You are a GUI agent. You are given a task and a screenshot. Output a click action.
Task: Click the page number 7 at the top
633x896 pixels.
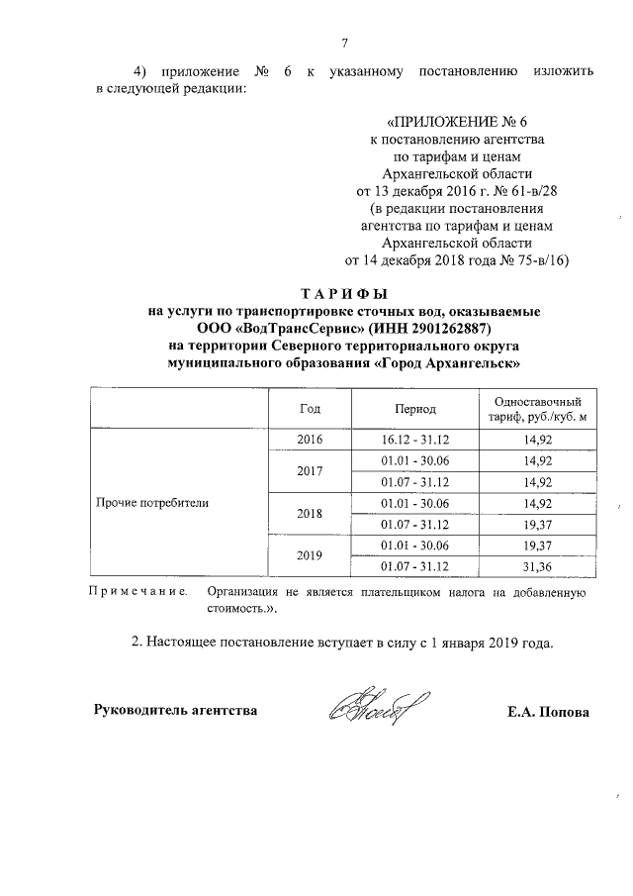tap(344, 42)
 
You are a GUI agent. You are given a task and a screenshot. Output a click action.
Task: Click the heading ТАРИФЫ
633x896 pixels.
tap(343, 294)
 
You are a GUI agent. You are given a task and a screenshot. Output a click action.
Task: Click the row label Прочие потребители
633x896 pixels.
tap(151, 503)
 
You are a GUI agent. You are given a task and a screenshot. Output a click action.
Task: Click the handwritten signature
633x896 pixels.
tap(379, 706)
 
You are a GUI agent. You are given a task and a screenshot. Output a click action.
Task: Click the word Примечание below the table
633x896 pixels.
tap(138, 592)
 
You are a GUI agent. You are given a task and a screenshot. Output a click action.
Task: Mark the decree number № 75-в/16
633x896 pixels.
tap(528, 260)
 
